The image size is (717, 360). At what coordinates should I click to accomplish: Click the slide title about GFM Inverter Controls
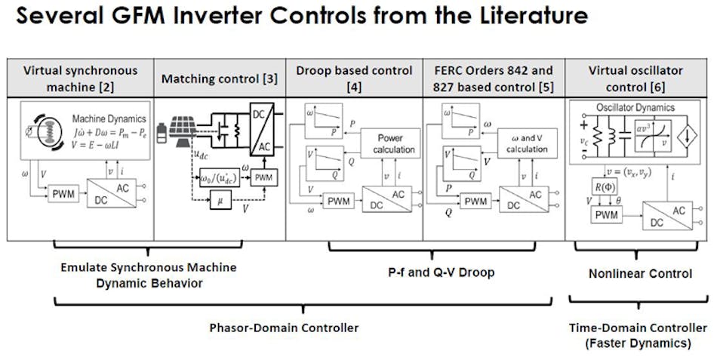(x=303, y=17)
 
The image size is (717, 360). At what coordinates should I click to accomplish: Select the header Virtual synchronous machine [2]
(x=80, y=78)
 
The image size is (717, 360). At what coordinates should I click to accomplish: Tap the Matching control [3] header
(x=219, y=78)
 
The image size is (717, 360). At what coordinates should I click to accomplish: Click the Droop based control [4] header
(x=354, y=78)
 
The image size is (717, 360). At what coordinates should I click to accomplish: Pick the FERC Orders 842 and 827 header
(x=494, y=78)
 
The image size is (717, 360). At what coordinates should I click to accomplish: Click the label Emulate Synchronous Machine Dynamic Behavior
(x=149, y=275)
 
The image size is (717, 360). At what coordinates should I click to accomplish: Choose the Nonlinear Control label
(x=640, y=273)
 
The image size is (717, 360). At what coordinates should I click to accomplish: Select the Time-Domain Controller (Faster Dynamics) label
(x=638, y=335)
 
